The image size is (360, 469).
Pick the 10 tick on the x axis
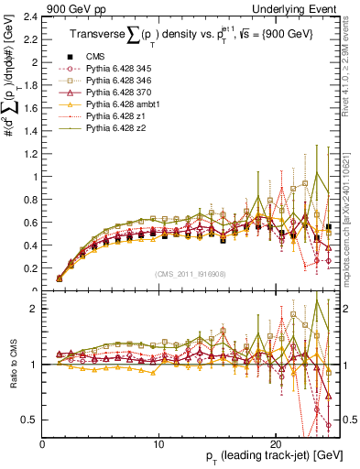159,443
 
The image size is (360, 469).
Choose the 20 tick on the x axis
276,443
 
